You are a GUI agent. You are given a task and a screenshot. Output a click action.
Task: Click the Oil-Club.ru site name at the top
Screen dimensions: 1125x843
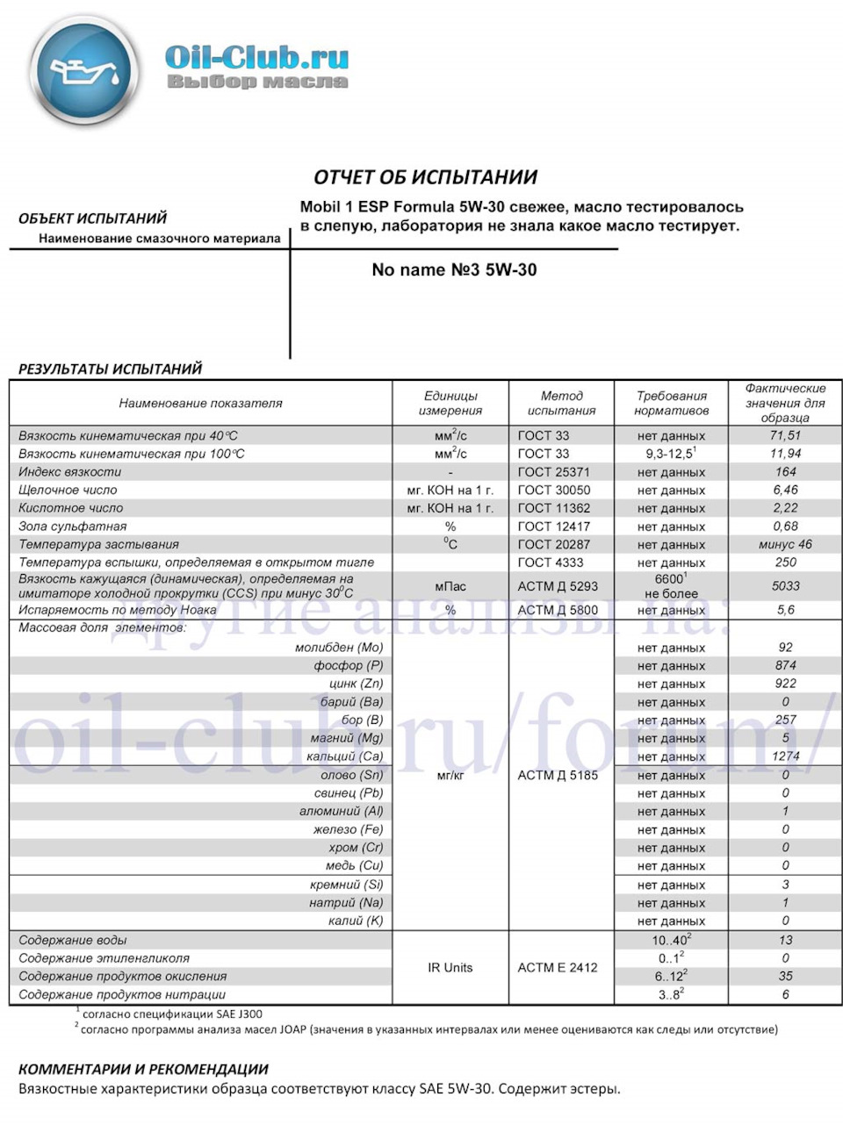(256, 58)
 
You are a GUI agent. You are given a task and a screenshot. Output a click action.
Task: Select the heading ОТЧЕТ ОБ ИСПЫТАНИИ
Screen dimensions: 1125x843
(425, 177)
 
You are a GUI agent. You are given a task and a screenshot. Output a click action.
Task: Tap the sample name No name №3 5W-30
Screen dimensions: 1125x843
(454, 270)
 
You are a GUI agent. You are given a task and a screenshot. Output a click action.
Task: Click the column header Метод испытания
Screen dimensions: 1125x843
(561, 403)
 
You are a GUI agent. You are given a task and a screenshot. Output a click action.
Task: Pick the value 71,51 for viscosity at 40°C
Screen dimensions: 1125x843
(785, 435)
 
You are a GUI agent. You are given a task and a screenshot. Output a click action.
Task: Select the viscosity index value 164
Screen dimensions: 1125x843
(785, 472)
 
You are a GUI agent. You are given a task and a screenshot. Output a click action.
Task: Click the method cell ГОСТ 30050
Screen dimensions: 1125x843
(554, 491)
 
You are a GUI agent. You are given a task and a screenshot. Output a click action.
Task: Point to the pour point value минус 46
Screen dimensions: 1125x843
(785, 545)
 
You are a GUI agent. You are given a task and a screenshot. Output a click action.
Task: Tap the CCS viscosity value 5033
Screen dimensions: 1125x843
(785, 586)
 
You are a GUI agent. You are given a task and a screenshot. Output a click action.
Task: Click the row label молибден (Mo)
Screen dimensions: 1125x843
(339, 648)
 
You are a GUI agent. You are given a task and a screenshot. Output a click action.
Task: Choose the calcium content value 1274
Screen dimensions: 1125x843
(785, 756)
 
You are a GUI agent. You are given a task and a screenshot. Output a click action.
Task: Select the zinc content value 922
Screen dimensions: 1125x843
(785, 684)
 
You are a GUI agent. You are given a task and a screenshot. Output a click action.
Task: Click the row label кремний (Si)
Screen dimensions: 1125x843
(346, 885)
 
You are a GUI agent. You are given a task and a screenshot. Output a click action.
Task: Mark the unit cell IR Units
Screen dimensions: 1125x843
(450, 967)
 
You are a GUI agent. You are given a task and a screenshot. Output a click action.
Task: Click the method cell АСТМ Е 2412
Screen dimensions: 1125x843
(558, 967)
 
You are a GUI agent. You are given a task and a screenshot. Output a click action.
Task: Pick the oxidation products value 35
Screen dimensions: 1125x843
(785, 976)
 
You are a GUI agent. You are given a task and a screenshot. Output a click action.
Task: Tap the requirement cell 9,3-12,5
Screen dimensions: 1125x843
(669, 454)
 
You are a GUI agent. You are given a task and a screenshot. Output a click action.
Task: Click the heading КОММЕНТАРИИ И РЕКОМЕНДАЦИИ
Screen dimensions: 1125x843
(143, 1069)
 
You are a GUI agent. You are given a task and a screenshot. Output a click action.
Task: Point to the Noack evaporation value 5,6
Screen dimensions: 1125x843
(785, 610)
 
